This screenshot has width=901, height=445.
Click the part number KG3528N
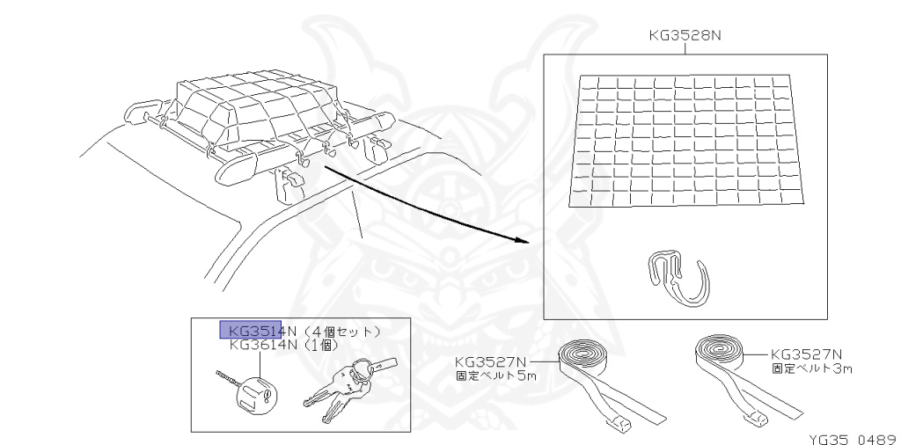click(685, 36)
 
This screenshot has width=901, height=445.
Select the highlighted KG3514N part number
click(263, 331)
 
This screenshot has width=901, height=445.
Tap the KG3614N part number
click(263, 345)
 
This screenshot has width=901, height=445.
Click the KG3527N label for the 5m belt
click(491, 361)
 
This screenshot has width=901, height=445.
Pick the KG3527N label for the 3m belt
click(807, 354)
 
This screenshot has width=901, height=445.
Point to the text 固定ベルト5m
click(494, 376)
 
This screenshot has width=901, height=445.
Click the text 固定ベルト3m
click(811, 368)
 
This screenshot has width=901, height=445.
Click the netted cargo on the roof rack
click(255, 110)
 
